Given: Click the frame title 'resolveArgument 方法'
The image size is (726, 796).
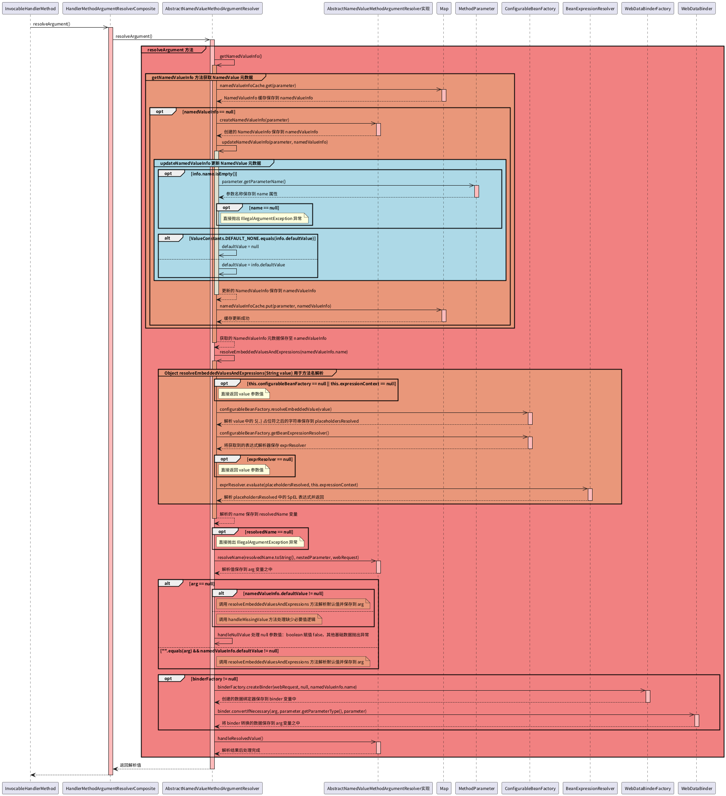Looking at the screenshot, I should (x=170, y=50).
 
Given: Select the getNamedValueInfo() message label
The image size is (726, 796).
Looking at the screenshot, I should (x=241, y=56).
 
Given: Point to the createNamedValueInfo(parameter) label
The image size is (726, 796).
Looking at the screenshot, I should (x=254, y=120).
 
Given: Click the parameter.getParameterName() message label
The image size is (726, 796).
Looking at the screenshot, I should (x=253, y=182).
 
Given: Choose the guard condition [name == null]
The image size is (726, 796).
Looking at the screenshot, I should (x=264, y=208).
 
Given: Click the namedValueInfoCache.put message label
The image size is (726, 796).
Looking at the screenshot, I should (x=275, y=306).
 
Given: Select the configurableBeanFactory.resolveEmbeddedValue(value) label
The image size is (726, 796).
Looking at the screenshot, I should (x=275, y=409).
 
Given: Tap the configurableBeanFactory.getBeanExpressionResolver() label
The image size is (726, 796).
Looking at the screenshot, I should (x=274, y=433).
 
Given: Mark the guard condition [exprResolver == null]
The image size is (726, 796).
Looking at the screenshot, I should (x=269, y=460).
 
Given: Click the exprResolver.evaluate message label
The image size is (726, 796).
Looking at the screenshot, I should (x=289, y=485).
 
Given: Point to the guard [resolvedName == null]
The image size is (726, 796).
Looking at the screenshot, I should (x=269, y=532).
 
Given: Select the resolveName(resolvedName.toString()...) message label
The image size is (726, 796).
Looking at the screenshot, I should (x=288, y=558).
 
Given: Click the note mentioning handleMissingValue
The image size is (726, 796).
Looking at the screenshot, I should (x=267, y=620).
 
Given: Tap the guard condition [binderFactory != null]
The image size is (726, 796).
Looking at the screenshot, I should (x=214, y=679).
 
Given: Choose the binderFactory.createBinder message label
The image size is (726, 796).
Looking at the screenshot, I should (x=287, y=687).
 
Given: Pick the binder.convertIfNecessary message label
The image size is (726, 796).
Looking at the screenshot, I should (x=292, y=711).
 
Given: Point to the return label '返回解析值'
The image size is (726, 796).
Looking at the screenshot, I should (x=130, y=765).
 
